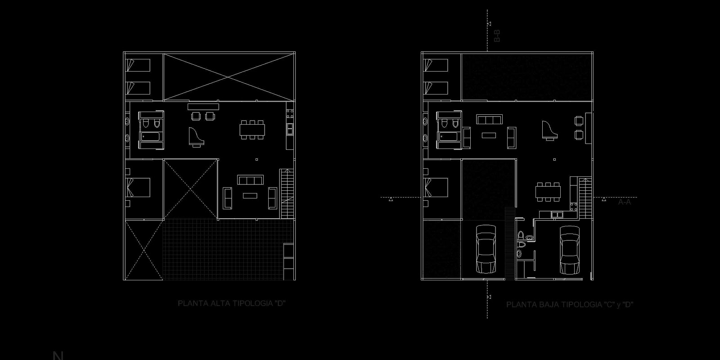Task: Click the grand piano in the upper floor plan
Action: (x=196, y=137)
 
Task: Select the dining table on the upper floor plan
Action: (x=252, y=130)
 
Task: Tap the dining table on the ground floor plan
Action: (x=548, y=191)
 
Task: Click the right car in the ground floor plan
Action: (x=569, y=250)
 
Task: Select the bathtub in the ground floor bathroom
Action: (x=449, y=137)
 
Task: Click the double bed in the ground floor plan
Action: (x=436, y=188)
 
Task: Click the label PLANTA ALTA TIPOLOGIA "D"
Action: (x=232, y=303)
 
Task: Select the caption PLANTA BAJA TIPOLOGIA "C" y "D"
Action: (x=570, y=305)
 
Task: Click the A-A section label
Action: (x=625, y=202)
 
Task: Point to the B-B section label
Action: (x=497, y=36)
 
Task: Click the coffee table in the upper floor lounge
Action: (x=249, y=195)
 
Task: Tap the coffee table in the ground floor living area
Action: (x=489, y=135)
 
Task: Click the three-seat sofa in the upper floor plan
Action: (x=250, y=180)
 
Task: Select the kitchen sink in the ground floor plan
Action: (x=557, y=215)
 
